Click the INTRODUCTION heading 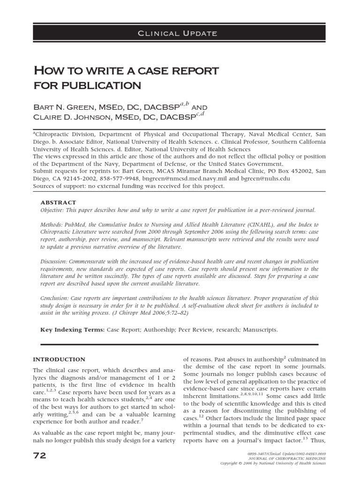(x=59, y=360)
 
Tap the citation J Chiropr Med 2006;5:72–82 (x=175, y=313)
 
